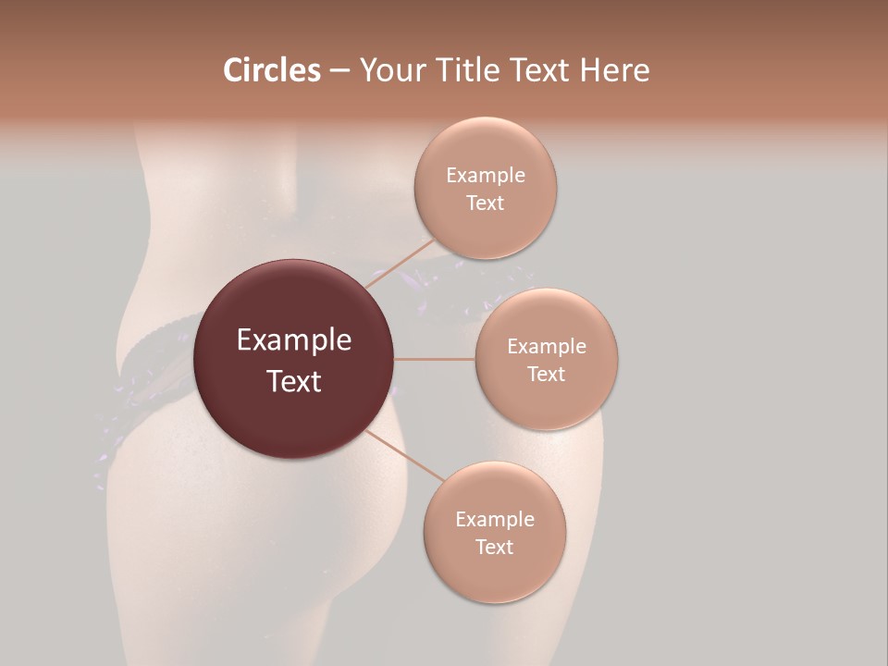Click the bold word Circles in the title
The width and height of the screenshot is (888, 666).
272,70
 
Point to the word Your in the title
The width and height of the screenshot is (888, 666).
388,71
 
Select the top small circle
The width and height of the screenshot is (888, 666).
485,227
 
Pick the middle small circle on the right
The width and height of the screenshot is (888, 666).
546,398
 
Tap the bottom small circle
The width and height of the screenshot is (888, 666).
494,573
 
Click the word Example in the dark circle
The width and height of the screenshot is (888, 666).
293,340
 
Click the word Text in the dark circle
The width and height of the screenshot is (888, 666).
293,381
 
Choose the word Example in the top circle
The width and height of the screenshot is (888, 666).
485,176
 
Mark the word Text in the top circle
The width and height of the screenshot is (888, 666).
485,203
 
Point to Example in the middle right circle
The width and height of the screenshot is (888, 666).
546,347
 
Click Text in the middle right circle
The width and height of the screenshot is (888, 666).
546,375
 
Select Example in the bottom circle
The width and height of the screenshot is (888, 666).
494,520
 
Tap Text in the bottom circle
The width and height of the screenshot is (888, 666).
494,548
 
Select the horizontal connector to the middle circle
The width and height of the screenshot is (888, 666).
435,359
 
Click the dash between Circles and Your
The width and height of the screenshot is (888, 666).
339,71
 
